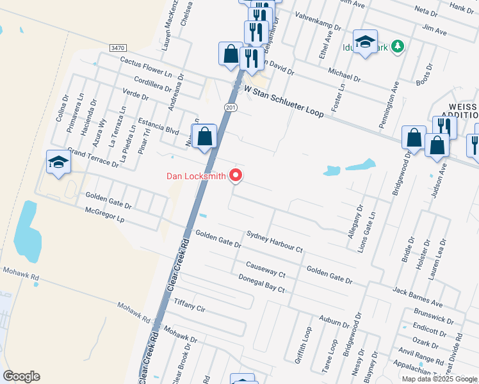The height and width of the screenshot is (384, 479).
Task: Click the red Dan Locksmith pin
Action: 236,174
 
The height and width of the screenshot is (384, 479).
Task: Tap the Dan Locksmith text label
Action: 196,176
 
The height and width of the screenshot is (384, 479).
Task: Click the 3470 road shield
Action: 118,48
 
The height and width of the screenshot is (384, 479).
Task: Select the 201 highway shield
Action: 231,108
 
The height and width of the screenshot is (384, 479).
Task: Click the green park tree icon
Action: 398,45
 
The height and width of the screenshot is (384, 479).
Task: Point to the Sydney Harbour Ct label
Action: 273,241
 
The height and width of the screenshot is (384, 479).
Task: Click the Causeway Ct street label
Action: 265,269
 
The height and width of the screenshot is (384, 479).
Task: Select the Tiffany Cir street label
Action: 189,305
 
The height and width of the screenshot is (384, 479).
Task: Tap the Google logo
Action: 21,376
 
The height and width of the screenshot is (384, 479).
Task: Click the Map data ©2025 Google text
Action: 439,379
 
